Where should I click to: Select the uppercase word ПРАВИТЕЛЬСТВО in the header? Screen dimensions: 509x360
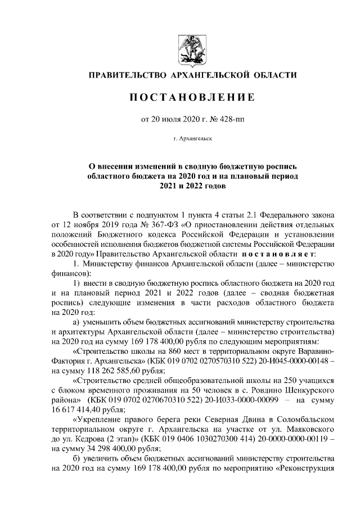[127, 75]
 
